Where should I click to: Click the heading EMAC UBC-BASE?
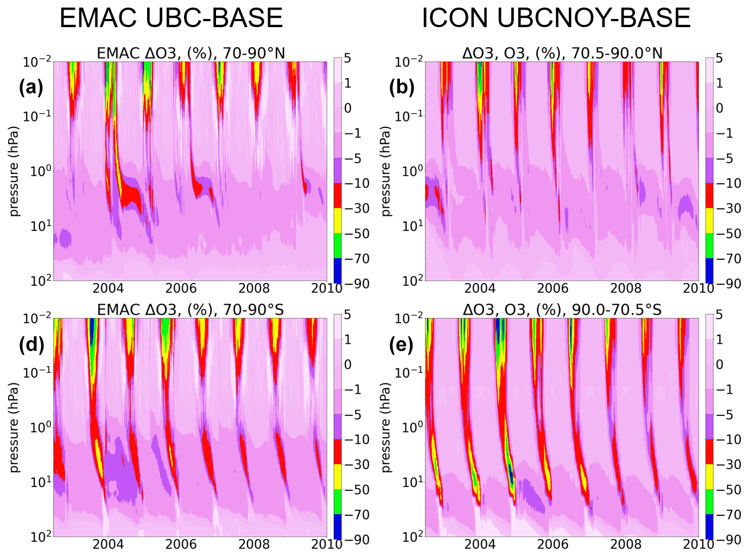click(x=171, y=18)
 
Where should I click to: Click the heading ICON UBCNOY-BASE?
click(x=556, y=18)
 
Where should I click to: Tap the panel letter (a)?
click(x=31, y=87)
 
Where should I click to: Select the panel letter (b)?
click(x=402, y=87)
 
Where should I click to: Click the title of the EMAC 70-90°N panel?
click(x=191, y=53)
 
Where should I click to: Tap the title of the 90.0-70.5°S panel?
click(x=562, y=310)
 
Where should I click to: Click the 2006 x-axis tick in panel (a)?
click(x=181, y=287)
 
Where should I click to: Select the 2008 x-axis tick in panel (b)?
click(x=626, y=287)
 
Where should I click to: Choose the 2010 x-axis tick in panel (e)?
click(x=699, y=543)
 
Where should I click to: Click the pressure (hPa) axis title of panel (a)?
click(x=14, y=171)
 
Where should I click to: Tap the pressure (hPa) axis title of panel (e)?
click(x=386, y=427)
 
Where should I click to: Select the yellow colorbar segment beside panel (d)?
click(x=338, y=477)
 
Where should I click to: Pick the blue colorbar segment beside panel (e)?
click(x=709, y=527)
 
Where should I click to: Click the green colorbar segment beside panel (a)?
click(x=338, y=246)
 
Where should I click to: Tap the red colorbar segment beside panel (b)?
click(x=709, y=196)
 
